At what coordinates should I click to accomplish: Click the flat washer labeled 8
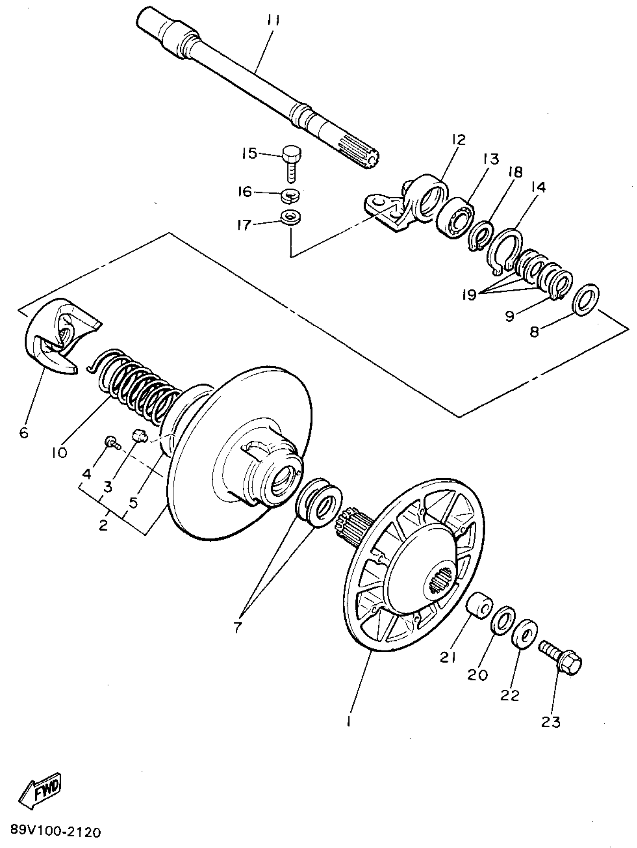tap(586, 298)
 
